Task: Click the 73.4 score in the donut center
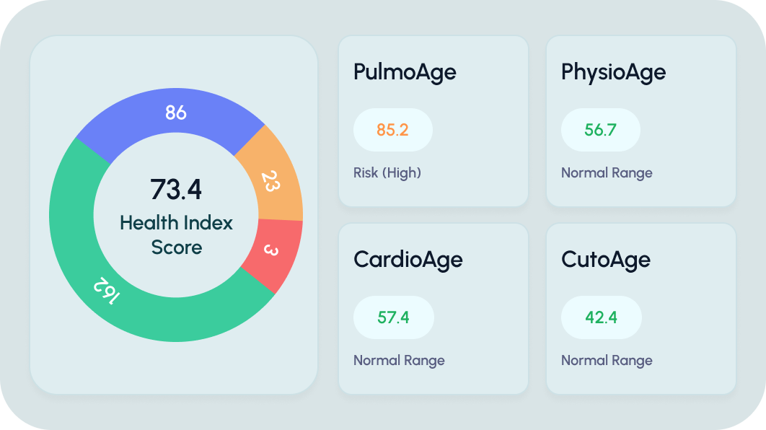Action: [x=176, y=189]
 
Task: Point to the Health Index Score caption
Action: [x=176, y=234]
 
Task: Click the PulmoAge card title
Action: [x=405, y=72]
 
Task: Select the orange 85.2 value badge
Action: [x=393, y=130]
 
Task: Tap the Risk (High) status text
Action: [x=387, y=173]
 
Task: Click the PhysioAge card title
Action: [x=613, y=72]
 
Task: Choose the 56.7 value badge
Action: [x=600, y=130]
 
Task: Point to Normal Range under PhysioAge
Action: [x=607, y=173]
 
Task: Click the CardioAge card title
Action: [x=408, y=260]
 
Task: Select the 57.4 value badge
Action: [x=394, y=317]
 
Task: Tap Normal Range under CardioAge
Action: [x=399, y=361]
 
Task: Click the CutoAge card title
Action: [x=605, y=260]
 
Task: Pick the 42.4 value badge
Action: [x=601, y=317]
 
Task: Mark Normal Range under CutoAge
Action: [x=607, y=361]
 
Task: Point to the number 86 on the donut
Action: [x=176, y=113]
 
